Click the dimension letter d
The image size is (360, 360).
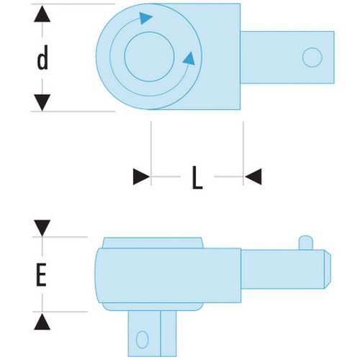[42, 58]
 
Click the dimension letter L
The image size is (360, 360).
[197, 177]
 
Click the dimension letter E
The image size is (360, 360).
[41, 274]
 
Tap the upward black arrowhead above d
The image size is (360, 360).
[42, 14]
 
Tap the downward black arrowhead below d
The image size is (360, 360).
[42, 102]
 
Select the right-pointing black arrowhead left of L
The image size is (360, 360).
[141, 176]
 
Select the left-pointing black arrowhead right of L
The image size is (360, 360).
[253, 176]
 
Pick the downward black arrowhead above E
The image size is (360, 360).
[42, 228]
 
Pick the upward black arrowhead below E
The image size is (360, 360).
[42, 322]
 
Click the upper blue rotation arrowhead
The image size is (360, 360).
[145, 18]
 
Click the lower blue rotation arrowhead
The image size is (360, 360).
[189, 58]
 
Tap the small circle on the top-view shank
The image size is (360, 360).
[312, 58]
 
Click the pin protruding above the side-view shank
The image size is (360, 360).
[306, 243]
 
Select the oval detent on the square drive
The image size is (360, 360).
[142, 340]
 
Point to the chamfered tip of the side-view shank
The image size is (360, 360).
[328, 269]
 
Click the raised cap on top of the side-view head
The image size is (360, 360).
[153, 243]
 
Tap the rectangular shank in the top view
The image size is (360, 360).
[287, 58]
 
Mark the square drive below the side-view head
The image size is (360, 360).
[152, 333]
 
